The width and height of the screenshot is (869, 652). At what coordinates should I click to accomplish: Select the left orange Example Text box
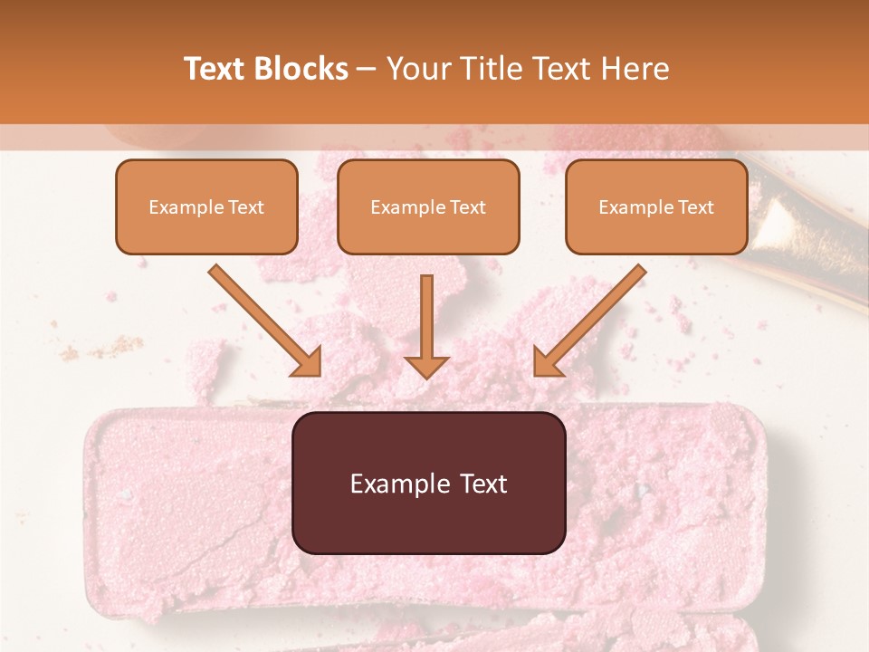coord(206,206)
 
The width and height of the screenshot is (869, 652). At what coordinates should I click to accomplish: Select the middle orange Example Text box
coord(428,206)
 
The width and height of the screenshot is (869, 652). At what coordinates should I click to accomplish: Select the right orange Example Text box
coord(656,206)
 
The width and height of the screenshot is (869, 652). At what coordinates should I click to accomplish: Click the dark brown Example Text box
coord(428,483)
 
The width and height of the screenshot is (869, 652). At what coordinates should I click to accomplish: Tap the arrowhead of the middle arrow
coord(426,366)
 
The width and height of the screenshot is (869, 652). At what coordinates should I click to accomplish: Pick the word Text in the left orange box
coord(246,207)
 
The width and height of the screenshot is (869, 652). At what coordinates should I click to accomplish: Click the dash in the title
coord(367,69)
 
